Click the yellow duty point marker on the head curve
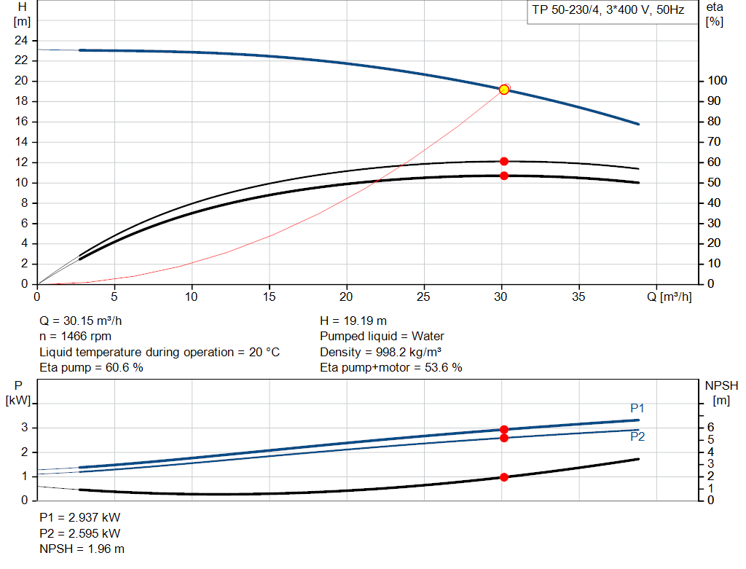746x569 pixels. [x=503, y=90]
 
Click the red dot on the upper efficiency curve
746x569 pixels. [x=503, y=161]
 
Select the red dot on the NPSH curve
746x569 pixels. [x=503, y=477]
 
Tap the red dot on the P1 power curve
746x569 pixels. [x=503, y=430]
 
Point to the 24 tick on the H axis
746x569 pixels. [x=21, y=40]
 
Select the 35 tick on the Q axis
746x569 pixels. [x=579, y=297]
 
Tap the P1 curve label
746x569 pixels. [x=637, y=408]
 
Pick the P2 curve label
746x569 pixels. [x=637, y=437]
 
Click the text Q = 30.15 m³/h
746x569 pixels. [x=86, y=321]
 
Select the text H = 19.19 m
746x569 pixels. [x=353, y=321]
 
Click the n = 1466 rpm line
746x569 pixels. [x=76, y=336]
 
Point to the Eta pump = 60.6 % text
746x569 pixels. [x=91, y=367]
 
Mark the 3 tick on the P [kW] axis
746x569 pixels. [x=24, y=428]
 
